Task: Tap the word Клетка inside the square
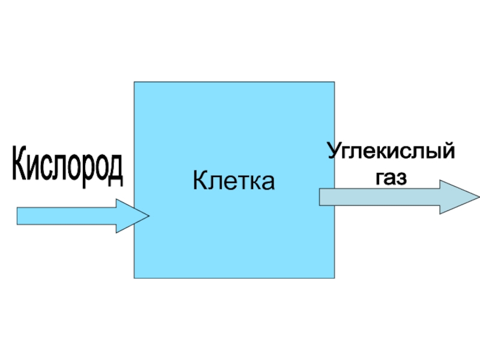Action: [x=234, y=180]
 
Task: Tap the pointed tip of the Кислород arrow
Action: [x=148, y=216]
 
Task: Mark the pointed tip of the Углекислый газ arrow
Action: [x=478, y=197]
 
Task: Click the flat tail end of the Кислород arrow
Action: [x=18, y=216]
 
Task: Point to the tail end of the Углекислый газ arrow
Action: [x=320, y=197]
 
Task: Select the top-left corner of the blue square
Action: [x=134, y=82]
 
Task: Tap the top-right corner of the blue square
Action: [x=334, y=82]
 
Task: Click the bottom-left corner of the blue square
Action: [x=134, y=278]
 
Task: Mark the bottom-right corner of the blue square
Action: [x=334, y=278]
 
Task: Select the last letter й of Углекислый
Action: [x=447, y=149]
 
